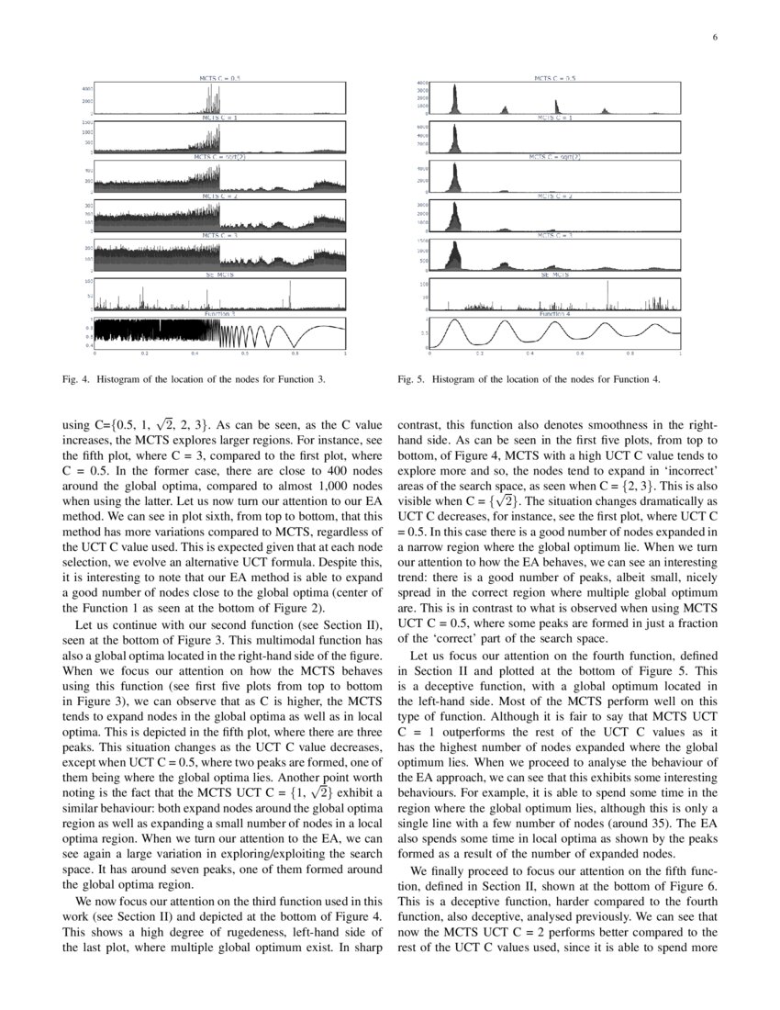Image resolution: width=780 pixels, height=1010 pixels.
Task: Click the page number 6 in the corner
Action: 713,38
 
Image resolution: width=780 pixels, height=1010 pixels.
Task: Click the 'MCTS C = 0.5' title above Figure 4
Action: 220,79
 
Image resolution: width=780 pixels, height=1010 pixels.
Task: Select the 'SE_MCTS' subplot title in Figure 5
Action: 555,275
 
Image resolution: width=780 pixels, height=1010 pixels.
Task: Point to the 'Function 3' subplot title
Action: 220,314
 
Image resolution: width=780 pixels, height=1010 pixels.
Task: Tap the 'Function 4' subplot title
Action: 555,314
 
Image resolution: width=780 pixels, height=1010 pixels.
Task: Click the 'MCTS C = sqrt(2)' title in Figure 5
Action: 555,157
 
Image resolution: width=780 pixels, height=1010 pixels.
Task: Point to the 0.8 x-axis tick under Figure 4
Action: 295,353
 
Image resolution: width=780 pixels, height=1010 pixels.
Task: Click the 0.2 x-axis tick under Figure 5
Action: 479,353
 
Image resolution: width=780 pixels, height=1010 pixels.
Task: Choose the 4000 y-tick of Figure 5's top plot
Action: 423,84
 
